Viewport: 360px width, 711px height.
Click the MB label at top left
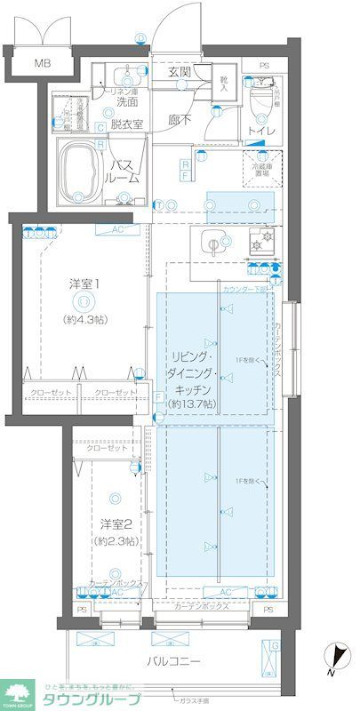pos(42,63)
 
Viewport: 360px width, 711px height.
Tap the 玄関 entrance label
pos(178,73)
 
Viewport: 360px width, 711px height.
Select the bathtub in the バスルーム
pos(82,166)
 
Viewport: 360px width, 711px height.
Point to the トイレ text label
pos(261,132)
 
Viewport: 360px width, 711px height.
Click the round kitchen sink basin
pos(213,241)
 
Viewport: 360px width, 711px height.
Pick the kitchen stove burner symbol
pos(261,241)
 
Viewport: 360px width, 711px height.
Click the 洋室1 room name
pos(84,284)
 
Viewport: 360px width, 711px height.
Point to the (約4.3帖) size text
pos(84,318)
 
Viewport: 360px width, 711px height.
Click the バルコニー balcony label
pos(173,660)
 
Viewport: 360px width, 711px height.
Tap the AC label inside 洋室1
pos(117,229)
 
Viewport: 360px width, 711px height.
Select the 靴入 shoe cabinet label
pos(223,86)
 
